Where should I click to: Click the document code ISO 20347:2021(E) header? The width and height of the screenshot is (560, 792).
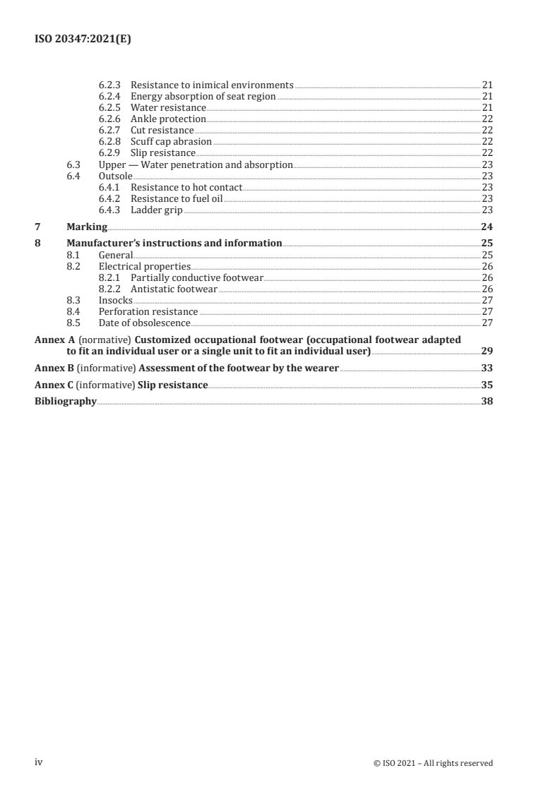(x=83, y=40)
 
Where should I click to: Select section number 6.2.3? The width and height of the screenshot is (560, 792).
(x=111, y=85)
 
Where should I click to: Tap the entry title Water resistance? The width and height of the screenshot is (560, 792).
(x=168, y=108)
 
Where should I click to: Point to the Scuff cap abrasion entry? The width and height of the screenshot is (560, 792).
(x=171, y=142)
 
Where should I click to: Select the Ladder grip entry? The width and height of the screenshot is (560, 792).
(x=157, y=210)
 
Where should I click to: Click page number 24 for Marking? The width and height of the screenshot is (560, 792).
(x=486, y=227)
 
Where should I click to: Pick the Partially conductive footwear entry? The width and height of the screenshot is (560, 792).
(x=196, y=278)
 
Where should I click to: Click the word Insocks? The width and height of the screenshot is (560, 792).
(x=116, y=301)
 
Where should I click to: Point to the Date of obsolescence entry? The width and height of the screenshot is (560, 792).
(x=144, y=323)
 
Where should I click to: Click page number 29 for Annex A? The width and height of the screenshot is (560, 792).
(x=486, y=351)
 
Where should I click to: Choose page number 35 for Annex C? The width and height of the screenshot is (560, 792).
(x=486, y=385)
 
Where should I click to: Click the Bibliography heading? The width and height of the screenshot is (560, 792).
(x=66, y=402)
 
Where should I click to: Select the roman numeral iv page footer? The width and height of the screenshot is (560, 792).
(x=40, y=762)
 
